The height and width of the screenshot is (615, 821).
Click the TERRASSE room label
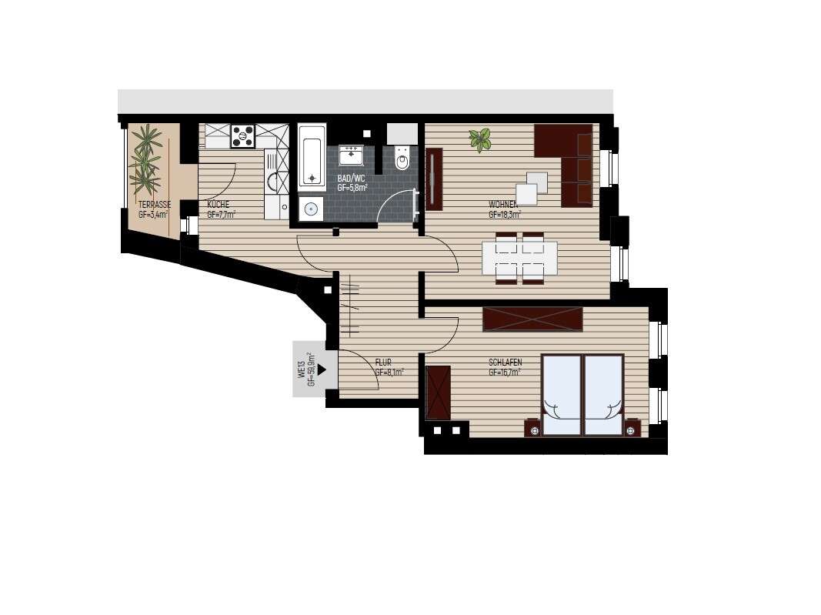pos(155,205)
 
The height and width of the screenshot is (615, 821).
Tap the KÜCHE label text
pos(219,205)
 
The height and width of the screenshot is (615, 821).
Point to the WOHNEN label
pos(504,205)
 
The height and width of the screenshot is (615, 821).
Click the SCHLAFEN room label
pos(506,362)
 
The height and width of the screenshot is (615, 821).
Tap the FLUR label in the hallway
pos(383,362)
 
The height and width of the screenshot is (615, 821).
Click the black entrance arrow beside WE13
pos(322,369)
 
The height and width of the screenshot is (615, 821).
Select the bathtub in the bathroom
pos(312,157)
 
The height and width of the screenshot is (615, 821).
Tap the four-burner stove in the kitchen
pos(243,136)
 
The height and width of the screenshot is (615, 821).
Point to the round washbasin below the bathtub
pos(312,208)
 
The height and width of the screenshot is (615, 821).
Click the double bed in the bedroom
pos(582,395)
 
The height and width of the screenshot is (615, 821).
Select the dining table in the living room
pos(519,258)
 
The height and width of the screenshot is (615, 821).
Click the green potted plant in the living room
pos(480,139)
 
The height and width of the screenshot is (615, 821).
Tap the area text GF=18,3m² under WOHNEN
pos(505,215)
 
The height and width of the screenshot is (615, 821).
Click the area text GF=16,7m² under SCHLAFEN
pos(505,372)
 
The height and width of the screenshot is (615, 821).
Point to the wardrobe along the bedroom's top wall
pos(532,319)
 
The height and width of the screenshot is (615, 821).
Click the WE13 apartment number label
pos(303,370)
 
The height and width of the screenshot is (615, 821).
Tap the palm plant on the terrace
pos(145,159)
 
